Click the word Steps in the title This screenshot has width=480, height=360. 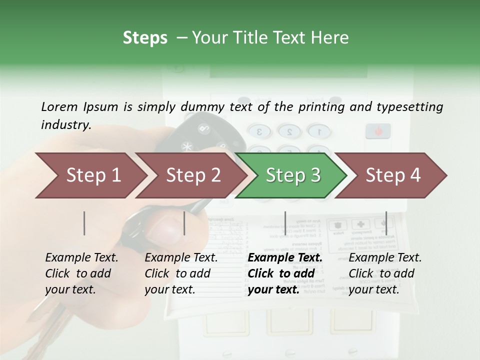coord(145,38)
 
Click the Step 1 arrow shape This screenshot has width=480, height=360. coord(90,175)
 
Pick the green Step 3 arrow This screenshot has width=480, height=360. coord(292,175)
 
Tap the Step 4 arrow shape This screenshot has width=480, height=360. coord(392,175)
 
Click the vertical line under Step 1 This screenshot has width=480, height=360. coord(84,223)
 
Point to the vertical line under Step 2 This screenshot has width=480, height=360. coord(184,223)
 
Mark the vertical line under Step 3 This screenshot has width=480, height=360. coord(285,223)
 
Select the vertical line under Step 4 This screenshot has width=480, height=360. coord(386,223)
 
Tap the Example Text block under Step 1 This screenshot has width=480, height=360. coord(81,273)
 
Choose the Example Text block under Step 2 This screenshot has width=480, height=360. coord(181,273)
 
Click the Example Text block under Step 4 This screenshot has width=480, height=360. coord(385,273)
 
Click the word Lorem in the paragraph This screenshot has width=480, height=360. coord(59,107)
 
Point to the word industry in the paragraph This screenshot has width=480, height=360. coord(65,125)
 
